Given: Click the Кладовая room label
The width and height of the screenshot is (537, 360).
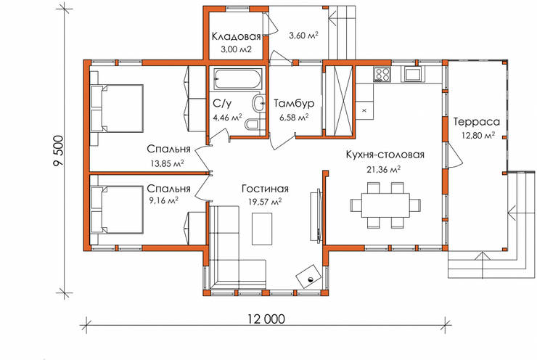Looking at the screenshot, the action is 236,36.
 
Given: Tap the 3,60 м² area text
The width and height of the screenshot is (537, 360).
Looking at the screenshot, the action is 304,35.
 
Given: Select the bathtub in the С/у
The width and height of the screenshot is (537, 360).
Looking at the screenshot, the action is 237,79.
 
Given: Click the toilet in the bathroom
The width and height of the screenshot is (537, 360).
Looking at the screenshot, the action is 253,125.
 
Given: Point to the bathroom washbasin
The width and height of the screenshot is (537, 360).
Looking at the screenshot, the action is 259,103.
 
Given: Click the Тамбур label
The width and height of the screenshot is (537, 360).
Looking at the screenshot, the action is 294,103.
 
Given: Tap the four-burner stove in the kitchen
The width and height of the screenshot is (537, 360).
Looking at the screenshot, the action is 382,74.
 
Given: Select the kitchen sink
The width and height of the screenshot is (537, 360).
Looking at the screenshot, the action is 413,74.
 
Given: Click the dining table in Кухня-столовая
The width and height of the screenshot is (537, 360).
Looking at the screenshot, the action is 385,205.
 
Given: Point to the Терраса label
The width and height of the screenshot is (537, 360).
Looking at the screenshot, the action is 476,122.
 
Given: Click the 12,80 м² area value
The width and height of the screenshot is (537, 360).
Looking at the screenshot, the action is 478,135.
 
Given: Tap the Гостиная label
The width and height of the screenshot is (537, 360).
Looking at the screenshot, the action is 265,189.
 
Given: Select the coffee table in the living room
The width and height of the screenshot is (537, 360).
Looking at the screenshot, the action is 262,229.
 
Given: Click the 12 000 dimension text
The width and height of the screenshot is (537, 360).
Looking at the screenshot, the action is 266,319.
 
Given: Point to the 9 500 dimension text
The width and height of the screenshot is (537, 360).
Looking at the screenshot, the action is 59,151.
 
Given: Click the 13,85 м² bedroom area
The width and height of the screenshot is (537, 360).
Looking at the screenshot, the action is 167,163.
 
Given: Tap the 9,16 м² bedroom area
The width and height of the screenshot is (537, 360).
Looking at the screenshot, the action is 163,200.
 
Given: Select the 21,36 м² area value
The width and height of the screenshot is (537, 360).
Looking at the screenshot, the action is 384,169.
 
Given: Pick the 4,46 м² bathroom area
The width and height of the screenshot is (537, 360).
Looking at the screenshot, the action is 227,118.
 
